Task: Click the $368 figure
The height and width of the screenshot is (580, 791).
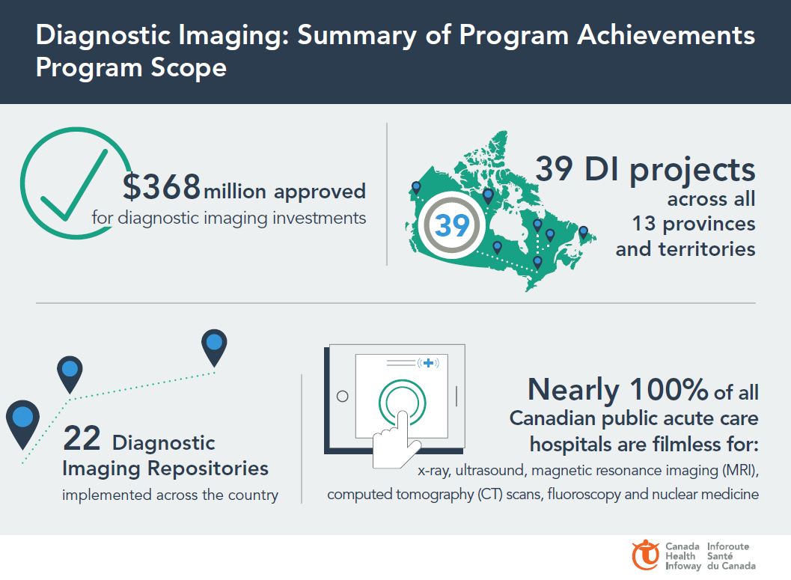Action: (162, 186)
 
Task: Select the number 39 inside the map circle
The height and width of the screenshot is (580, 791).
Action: (452, 225)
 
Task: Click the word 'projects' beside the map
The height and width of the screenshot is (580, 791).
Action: (692, 171)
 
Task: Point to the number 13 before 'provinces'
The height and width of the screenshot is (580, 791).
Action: (644, 224)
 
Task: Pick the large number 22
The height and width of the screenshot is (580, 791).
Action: (82, 439)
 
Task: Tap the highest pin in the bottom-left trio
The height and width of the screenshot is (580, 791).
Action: (214, 347)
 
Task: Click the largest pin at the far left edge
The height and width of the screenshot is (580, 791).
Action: (22, 424)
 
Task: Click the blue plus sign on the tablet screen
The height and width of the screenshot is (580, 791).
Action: (428, 363)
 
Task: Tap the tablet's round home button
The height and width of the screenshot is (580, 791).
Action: (343, 397)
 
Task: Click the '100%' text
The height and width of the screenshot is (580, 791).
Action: (668, 389)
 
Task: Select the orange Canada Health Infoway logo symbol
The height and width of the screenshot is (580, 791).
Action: (645, 555)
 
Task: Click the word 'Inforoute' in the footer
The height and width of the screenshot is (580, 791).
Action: (728, 546)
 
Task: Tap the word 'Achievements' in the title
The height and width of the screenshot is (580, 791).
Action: (666, 35)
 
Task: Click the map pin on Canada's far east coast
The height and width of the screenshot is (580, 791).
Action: (583, 233)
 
